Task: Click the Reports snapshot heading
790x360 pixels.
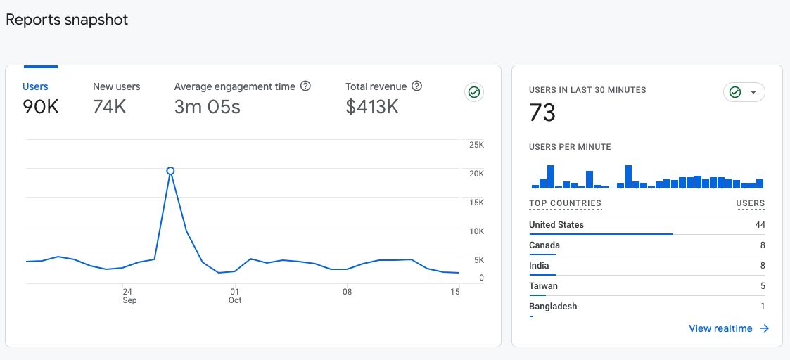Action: click(x=67, y=20)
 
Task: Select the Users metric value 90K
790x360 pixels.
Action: click(x=41, y=107)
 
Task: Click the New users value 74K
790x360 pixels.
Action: click(x=109, y=107)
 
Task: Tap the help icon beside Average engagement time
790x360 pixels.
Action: click(x=305, y=86)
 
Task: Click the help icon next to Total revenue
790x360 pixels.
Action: click(x=416, y=86)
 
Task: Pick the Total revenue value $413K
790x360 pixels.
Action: click(x=372, y=107)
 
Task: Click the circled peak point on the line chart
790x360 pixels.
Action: click(x=170, y=171)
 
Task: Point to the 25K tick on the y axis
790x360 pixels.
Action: click(x=476, y=145)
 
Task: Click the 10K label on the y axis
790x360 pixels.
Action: click(x=476, y=231)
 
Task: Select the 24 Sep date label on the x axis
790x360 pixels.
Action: click(x=128, y=295)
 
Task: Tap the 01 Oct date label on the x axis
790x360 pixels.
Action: click(x=235, y=295)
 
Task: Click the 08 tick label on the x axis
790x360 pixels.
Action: click(x=347, y=291)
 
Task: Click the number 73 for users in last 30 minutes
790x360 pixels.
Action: click(x=542, y=112)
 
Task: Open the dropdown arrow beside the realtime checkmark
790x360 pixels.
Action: click(x=753, y=93)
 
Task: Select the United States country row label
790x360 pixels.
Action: click(x=556, y=225)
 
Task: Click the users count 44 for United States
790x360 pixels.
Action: click(x=759, y=225)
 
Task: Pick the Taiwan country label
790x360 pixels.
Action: click(x=543, y=286)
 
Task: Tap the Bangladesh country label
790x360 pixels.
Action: click(x=553, y=307)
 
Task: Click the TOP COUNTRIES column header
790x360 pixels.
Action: click(x=565, y=203)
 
